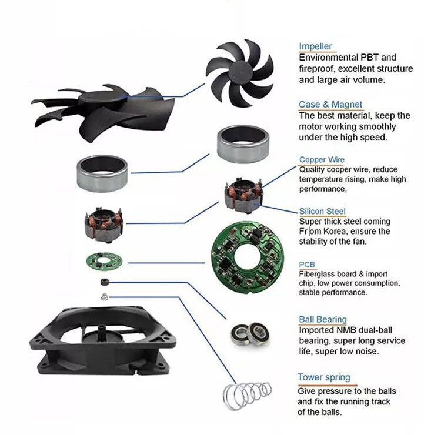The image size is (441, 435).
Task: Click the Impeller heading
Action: tap(316, 46)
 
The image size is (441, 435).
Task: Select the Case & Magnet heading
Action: tap(330, 105)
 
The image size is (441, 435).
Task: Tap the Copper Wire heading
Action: tap(322, 160)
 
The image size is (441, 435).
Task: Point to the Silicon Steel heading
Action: tap(322, 211)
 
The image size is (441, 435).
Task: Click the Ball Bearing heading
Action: tap(323, 320)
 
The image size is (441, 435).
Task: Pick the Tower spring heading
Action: tap(324, 377)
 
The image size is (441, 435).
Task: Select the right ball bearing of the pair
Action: tap(259, 332)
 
